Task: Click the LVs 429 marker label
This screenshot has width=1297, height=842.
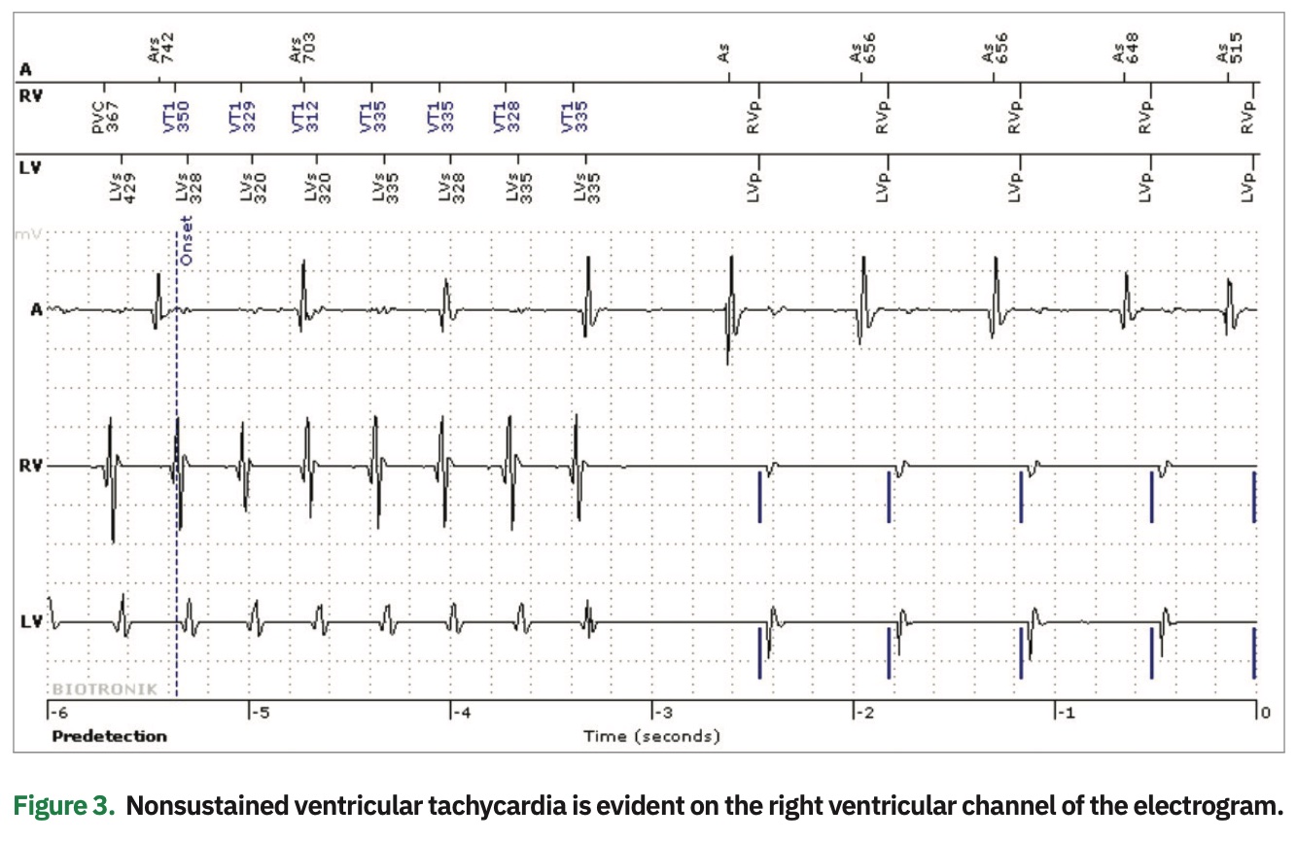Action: pyautogui.click(x=123, y=182)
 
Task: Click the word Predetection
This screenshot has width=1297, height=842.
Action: pyautogui.click(x=109, y=736)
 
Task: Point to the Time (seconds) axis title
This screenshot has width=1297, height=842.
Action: pyautogui.click(x=651, y=736)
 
